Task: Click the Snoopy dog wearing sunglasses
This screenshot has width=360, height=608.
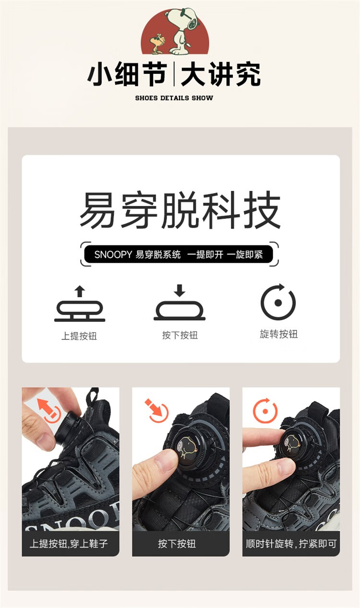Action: coord(181,31)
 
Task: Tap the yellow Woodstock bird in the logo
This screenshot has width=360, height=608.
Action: coord(157,43)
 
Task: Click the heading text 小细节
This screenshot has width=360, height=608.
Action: coord(127,74)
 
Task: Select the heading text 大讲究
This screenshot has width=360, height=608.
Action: coord(220,74)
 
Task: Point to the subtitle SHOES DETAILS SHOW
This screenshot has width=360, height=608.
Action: coord(174,98)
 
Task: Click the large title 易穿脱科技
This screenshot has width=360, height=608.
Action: coord(180,210)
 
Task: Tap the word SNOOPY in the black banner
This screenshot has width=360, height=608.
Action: coord(113,255)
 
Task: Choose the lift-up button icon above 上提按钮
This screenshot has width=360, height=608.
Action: coord(80,304)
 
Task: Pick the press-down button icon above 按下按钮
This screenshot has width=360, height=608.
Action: coord(180,302)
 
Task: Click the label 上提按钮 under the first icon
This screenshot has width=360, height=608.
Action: coord(79,336)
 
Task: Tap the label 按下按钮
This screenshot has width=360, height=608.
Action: coord(180,335)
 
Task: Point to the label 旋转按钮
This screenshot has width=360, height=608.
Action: coord(278,334)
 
